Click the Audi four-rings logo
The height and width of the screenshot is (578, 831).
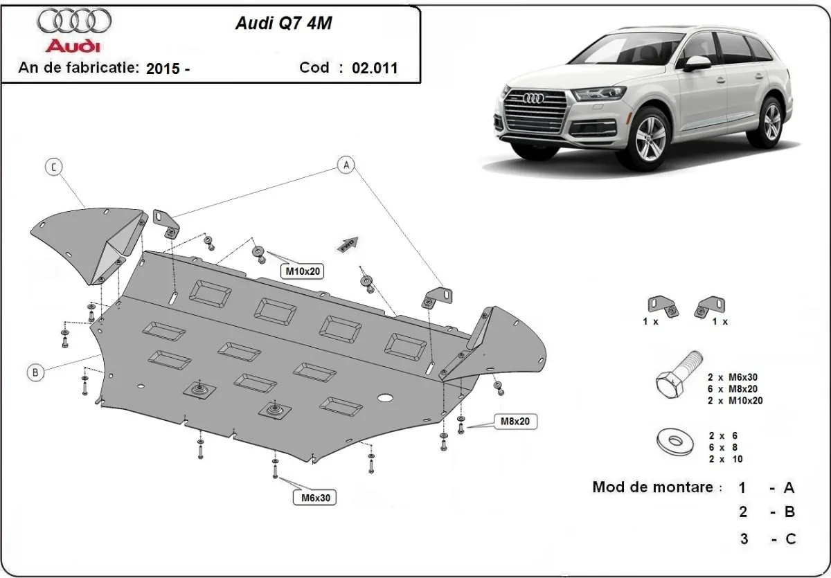[73, 22]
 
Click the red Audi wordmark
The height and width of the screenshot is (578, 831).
[73, 46]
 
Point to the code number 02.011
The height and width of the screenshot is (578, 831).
[375, 68]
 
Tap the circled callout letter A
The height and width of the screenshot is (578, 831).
[346, 165]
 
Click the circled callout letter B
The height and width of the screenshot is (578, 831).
[35, 372]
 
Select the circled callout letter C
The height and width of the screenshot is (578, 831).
[53, 167]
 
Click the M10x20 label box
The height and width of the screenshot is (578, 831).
[303, 271]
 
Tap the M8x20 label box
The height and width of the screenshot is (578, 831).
[515, 421]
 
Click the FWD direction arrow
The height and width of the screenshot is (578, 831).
[347, 243]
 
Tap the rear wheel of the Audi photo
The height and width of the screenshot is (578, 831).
[771, 123]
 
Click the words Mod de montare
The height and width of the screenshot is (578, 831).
[652, 487]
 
